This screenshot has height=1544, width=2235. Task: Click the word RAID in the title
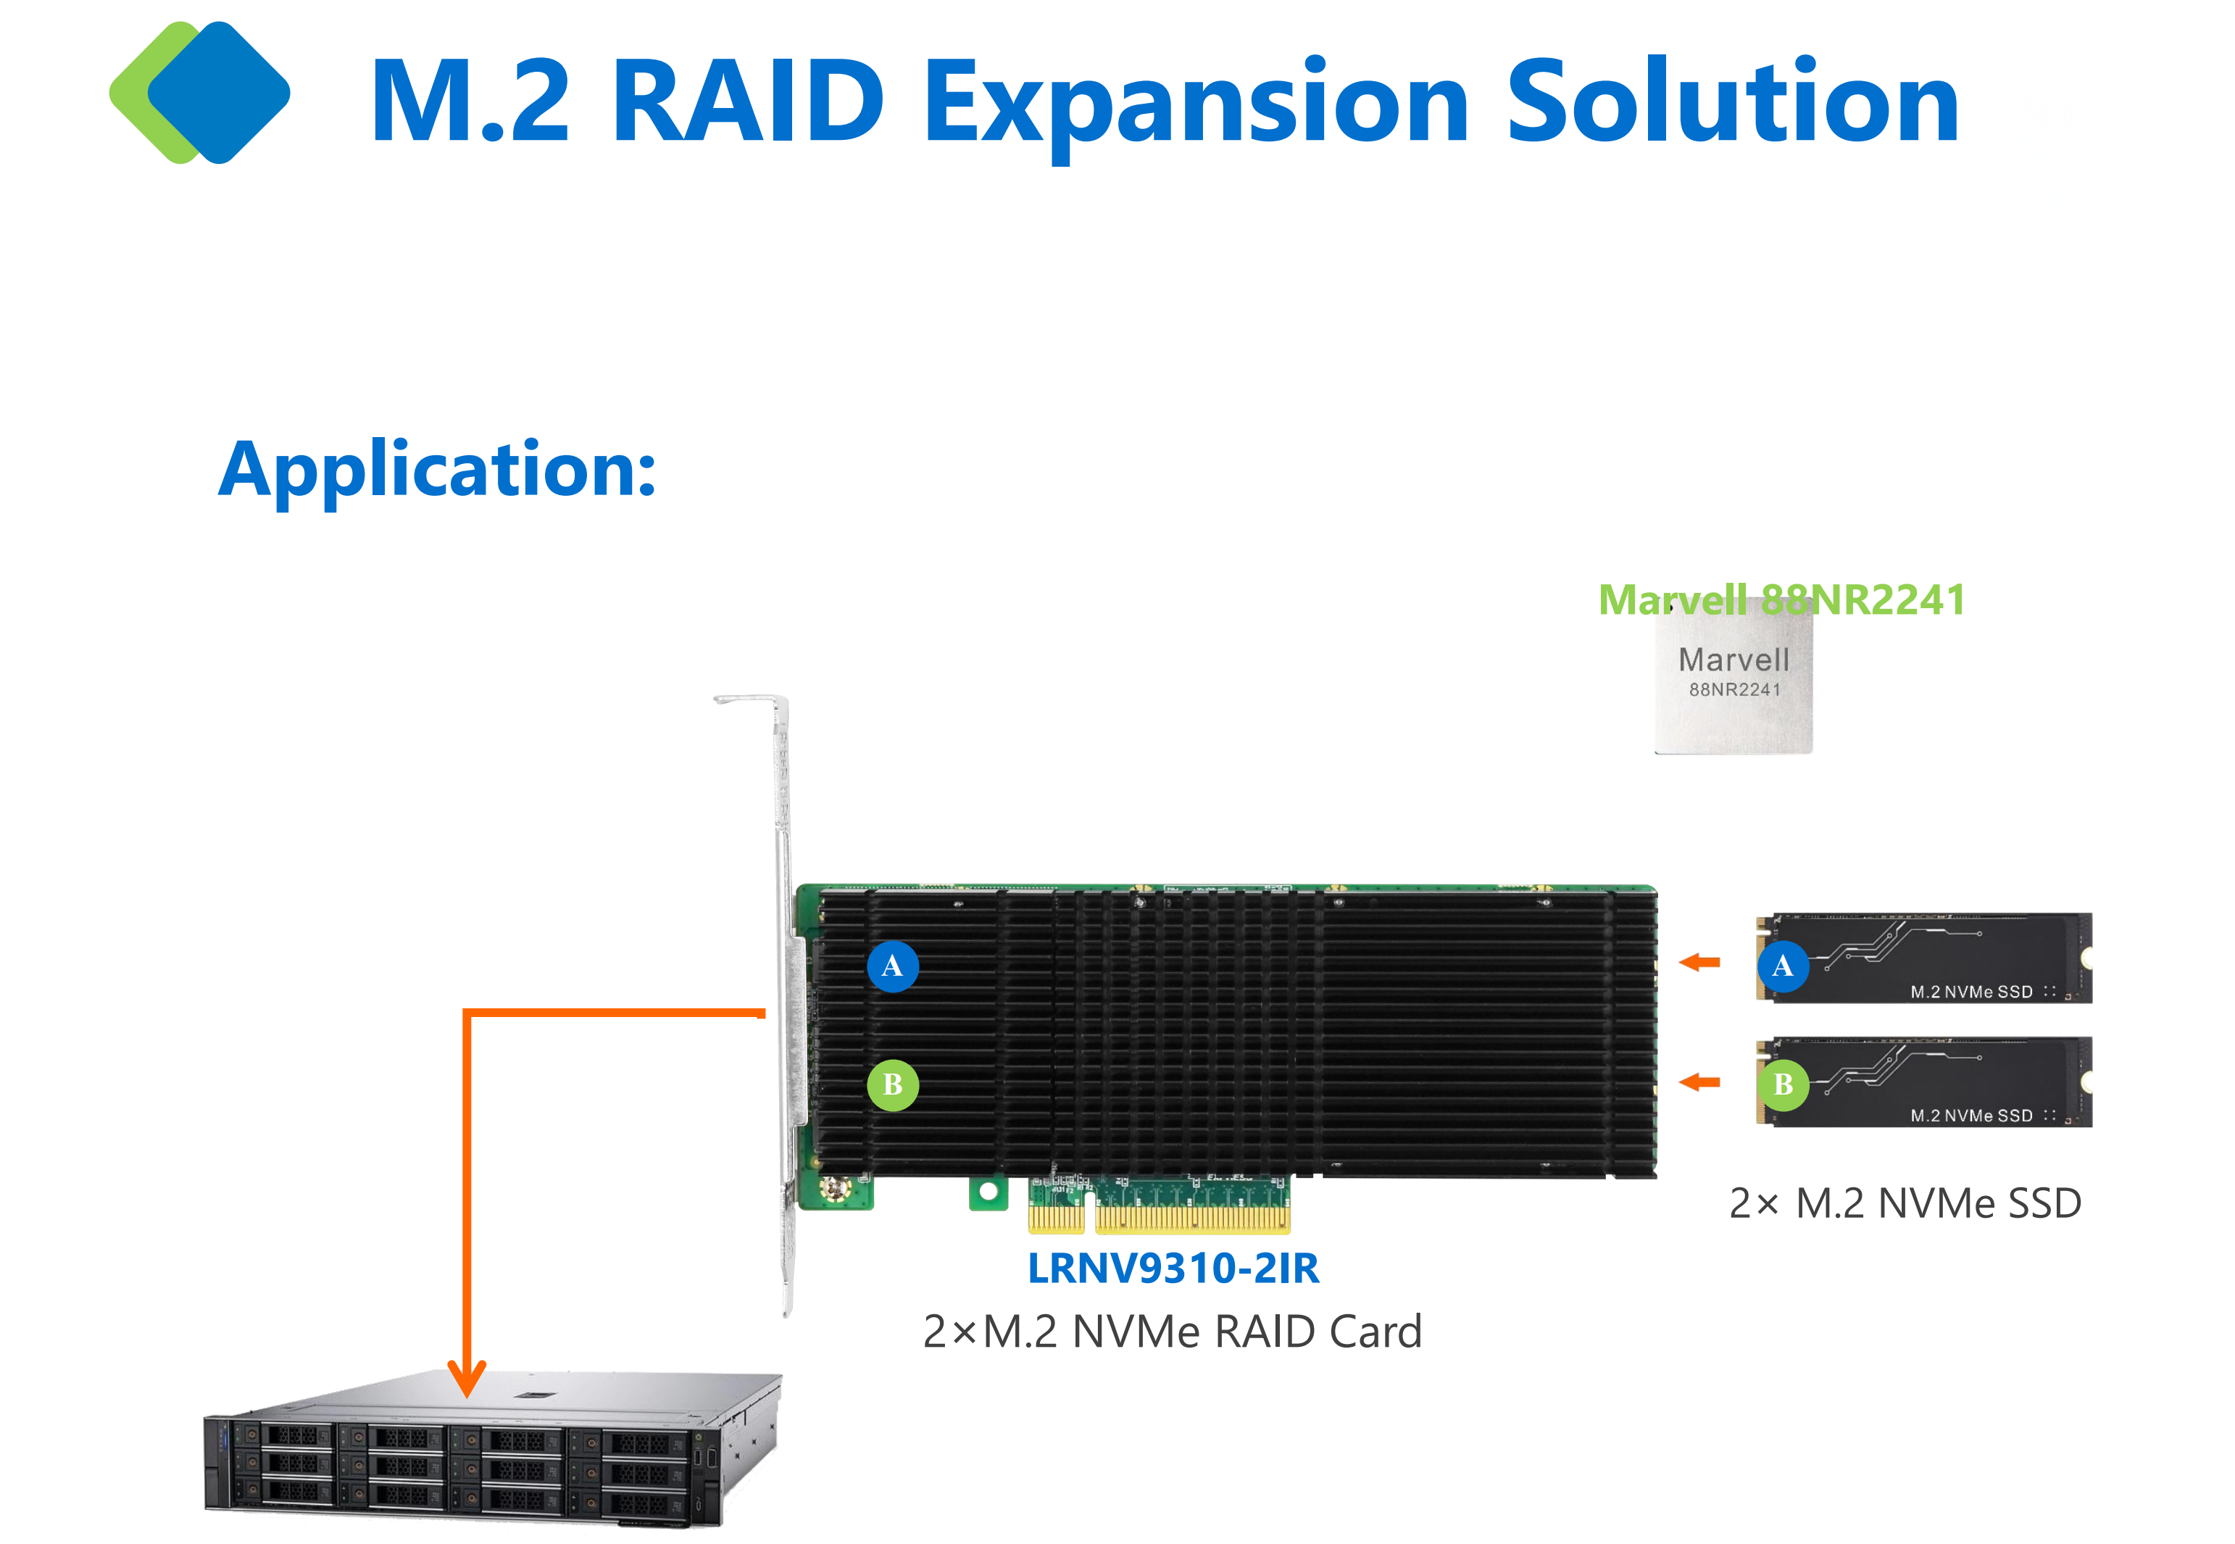pyautogui.click(x=748, y=101)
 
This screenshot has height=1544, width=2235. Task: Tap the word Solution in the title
pyautogui.click(x=1731, y=101)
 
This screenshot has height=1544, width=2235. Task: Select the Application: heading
pyautogui.click(x=437, y=469)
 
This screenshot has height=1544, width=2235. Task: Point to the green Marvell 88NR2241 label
pyautogui.click(x=1781, y=599)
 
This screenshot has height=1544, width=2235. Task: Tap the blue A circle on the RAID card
pyautogui.click(x=891, y=966)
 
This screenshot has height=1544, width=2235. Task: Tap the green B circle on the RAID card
pyautogui.click(x=891, y=1084)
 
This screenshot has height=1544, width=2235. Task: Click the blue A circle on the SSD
pyautogui.click(x=1782, y=966)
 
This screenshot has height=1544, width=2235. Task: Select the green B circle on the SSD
pyautogui.click(x=1782, y=1084)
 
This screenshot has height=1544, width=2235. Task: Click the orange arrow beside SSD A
pyautogui.click(x=1699, y=962)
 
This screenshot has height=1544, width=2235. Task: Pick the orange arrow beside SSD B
pyautogui.click(x=1699, y=1082)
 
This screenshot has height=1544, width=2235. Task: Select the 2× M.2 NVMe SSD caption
pyautogui.click(x=1905, y=1203)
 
